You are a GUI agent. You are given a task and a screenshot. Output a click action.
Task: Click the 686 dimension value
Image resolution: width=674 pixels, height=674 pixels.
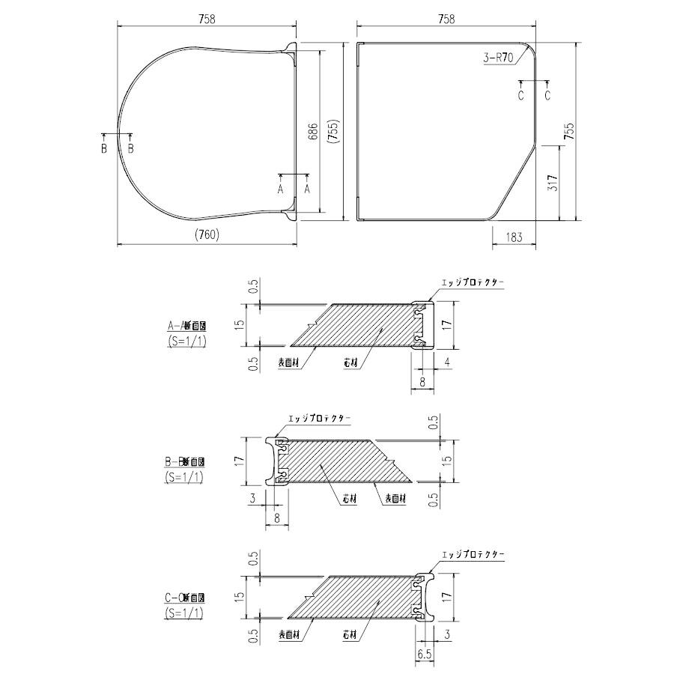(x=314, y=132)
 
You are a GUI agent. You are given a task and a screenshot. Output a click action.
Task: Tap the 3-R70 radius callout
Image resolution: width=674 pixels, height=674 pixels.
(x=498, y=57)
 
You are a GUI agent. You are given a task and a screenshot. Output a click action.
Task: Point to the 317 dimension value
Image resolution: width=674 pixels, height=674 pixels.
(x=552, y=182)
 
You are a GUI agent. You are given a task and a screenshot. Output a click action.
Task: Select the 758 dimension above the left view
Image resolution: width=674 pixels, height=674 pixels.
(x=207, y=20)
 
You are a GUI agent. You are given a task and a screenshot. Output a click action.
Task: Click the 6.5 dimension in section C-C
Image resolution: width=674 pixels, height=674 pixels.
(x=425, y=654)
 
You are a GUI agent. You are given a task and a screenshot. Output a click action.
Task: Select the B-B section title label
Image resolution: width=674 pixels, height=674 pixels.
(x=184, y=461)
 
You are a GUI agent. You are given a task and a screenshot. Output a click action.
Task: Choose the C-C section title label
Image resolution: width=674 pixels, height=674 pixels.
(x=184, y=598)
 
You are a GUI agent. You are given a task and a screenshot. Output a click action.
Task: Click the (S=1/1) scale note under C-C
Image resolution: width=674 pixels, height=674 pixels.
(x=184, y=613)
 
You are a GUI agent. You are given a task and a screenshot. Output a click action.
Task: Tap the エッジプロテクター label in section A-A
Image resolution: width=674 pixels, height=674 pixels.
(x=473, y=283)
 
